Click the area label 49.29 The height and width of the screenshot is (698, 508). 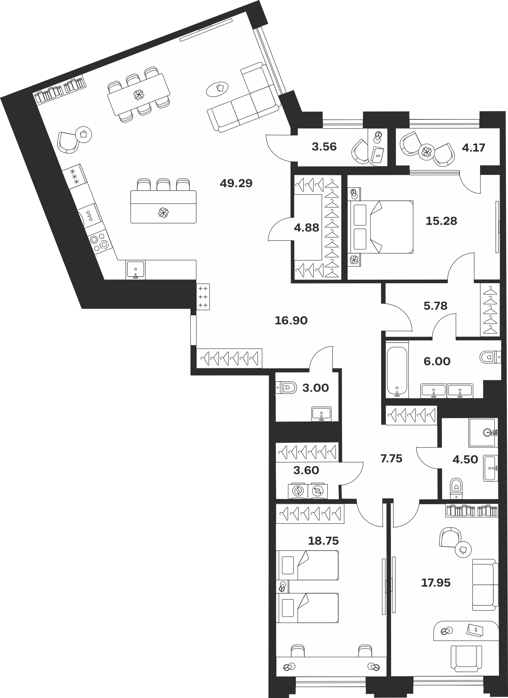pyautogui.click(x=236, y=183)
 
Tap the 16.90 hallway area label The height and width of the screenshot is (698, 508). pyautogui.click(x=291, y=321)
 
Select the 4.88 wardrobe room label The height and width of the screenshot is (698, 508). pyautogui.click(x=306, y=228)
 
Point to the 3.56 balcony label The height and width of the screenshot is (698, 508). pyautogui.click(x=324, y=147)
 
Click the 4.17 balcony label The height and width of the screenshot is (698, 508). pyautogui.click(x=473, y=148)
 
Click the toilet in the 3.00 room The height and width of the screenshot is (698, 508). pyautogui.click(x=286, y=387)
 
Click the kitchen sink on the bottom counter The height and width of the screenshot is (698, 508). pyautogui.click(x=136, y=270)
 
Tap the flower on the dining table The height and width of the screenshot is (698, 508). pyautogui.click(x=139, y=94)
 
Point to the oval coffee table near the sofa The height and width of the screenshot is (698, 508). pyautogui.click(x=217, y=89)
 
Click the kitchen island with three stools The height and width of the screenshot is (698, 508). pyautogui.click(x=163, y=207)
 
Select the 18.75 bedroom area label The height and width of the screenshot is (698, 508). pyautogui.click(x=323, y=541)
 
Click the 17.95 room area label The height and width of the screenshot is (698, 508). pyautogui.click(x=436, y=583)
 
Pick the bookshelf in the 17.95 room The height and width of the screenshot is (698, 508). pyautogui.click(x=472, y=511)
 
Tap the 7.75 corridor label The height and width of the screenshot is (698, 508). pyautogui.click(x=391, y=458)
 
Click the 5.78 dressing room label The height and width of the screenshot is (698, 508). pyautogui.click(x=435, y=306)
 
